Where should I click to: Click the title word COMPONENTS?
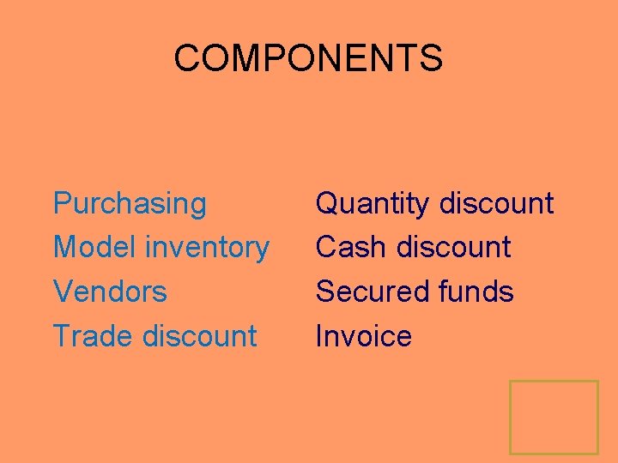(x=308, y=58)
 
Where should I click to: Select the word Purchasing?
(x=130, y=204)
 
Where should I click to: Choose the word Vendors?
(x=110, y=292)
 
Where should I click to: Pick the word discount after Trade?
(x=200, y=335)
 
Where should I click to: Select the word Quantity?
(x=373, y=204)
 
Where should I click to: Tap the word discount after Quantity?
(x=496, y=204)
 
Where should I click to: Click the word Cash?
(x=352, y=248)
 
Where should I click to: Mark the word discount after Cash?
(x=453, y=248)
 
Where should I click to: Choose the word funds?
(x=475, y=292)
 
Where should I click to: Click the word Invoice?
(x=363, y=335)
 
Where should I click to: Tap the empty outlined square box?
(x=554, y=417)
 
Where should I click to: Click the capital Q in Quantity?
(x=328, y=204)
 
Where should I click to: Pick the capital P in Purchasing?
(x=63, y=204)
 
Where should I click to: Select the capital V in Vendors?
(x=63, y=292)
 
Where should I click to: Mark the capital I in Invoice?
(x=319, y=335)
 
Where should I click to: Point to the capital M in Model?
(x=65, y=248)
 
